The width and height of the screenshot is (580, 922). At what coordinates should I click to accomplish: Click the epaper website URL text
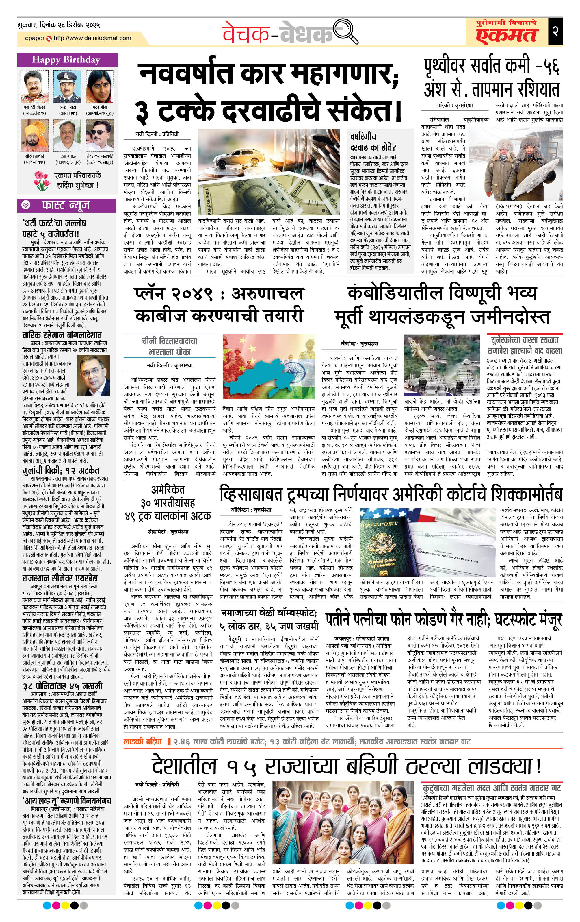92,38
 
